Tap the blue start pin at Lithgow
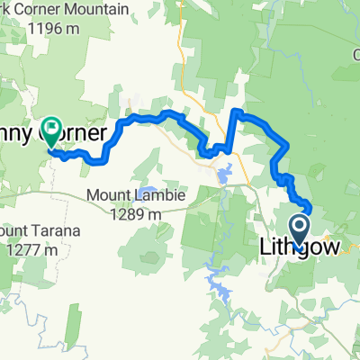pyautogui.click(x=299, y=229)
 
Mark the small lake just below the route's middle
pyautogui.click(x=222, y=170)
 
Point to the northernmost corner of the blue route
pyautogui.click(x=237, y=111)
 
